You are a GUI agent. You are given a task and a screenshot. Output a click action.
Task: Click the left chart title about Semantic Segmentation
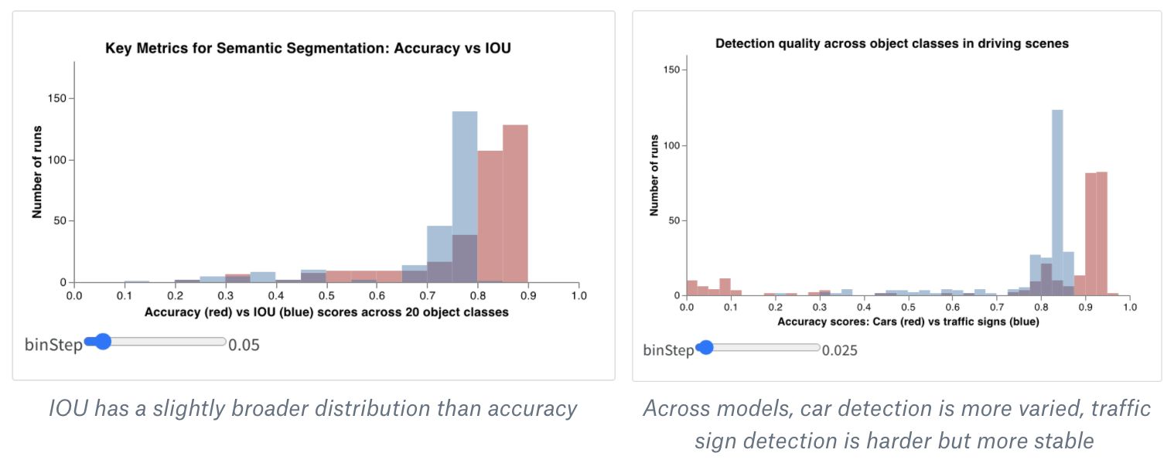coord(308,49)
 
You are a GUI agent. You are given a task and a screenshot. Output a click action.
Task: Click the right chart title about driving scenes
coord(892,44)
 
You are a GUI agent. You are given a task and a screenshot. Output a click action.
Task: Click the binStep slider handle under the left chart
coord(101,342)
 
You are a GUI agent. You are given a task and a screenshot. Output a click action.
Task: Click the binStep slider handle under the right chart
coord(705,348)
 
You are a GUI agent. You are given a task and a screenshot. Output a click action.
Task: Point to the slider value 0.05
coord(244,345)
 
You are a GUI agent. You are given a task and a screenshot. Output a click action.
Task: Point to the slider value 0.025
coord(839,351)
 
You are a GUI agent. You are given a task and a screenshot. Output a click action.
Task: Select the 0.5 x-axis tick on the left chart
coord(326,295)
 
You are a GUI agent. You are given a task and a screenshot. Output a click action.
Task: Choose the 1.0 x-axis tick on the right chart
coord(1130,308)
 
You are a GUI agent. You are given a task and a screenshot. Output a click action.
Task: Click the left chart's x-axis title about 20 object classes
coord(326,312)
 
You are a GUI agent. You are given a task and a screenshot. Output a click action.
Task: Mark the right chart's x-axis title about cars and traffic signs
coord(908,322)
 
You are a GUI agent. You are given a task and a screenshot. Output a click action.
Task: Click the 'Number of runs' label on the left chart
coord(37,171)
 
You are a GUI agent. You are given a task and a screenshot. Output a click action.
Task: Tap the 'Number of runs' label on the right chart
coord(654,176)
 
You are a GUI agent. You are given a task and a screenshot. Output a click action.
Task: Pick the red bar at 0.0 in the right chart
coord(691,288)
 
